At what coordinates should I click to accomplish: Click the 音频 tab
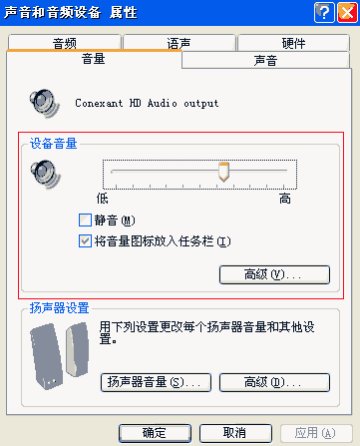65,43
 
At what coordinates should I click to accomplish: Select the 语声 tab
180,43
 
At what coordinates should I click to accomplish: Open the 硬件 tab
294,43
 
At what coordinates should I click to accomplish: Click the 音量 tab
94,59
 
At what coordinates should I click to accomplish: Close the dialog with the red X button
344,12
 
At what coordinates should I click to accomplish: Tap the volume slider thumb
224,173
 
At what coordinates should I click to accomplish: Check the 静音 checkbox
85,221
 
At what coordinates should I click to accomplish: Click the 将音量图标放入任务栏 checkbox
85,240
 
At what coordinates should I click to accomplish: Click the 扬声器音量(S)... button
155,382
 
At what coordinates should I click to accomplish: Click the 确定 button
155,432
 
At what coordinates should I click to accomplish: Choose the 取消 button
233,432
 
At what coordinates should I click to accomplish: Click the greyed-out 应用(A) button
311,432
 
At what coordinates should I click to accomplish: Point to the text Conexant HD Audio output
147,103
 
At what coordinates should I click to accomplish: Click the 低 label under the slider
102,199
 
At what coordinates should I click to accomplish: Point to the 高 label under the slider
285,199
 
